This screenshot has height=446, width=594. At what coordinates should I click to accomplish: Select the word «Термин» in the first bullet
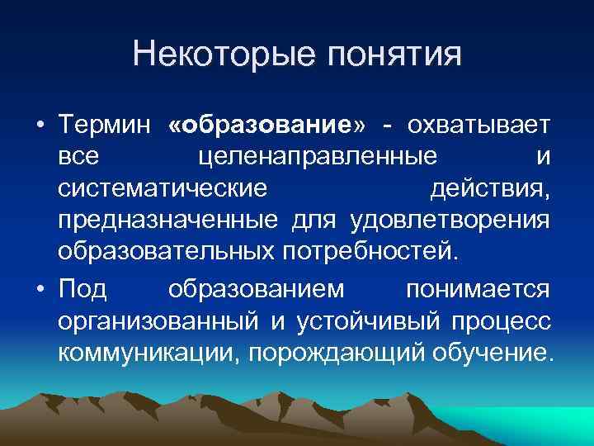tap(104, 126)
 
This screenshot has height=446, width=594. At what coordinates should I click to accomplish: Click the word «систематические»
tap(163, 188)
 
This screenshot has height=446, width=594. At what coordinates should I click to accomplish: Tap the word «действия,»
tap(490, 188)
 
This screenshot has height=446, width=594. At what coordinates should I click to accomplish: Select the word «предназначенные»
tap(171, 220)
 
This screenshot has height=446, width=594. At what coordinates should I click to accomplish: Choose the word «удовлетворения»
tap(450, 220)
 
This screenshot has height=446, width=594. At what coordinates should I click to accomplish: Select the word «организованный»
tap(157, 321)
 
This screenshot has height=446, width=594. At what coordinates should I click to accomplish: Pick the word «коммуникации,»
tap(152, 353)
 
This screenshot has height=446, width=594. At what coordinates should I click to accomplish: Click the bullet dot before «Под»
tap(40, 291)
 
